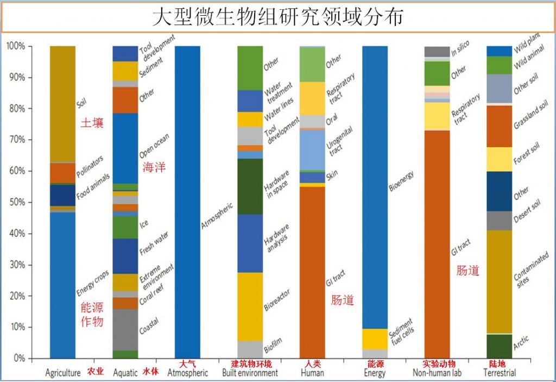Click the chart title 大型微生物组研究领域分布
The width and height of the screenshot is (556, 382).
(277, 17)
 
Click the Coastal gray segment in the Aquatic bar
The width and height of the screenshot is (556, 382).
(125, 329)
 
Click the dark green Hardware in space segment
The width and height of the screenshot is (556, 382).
(250, 186)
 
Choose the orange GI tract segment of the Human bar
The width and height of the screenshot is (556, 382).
(312, 272)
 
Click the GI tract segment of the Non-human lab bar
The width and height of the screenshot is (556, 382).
(437, 245)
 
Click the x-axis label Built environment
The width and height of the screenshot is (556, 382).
(250, 373)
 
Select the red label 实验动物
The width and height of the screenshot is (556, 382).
(439, 364)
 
